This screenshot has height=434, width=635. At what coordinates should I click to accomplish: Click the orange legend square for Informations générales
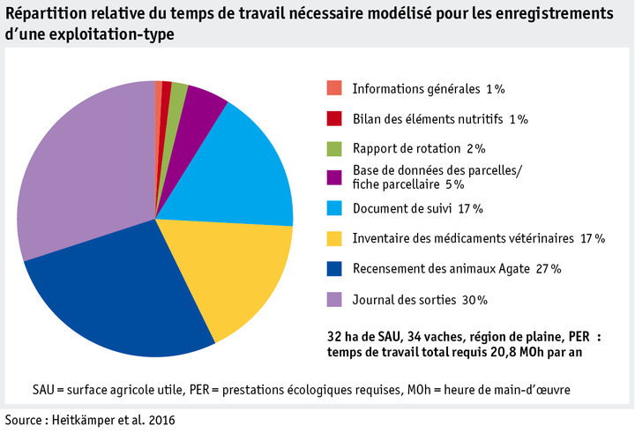tap(333, 88)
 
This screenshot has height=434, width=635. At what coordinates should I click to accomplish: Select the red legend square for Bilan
tap(333, 118)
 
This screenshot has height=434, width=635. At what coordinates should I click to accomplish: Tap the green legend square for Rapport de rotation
tap(333, 148)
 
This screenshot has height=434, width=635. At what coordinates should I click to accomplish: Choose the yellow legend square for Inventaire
tap(333, 238)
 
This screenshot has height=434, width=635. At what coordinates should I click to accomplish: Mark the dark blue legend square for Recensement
tap(333, 268)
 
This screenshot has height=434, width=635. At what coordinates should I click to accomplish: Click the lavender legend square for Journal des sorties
tap(333, 299)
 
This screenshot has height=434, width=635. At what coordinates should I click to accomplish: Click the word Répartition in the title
tap(43, 14)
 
